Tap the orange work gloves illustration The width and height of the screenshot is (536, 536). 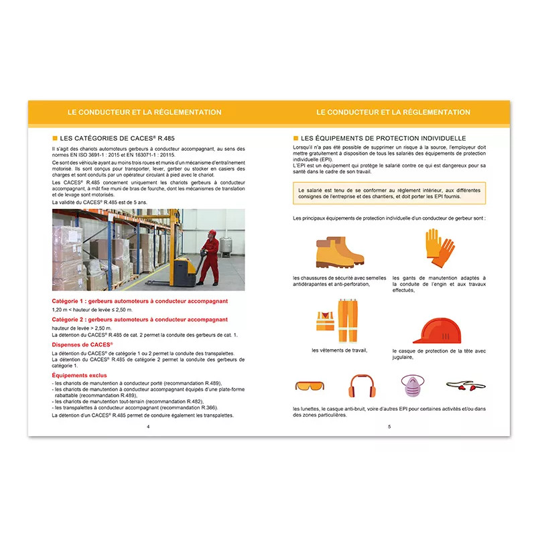click(x=439, y=247)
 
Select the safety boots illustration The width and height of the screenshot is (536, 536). click(x=339, y=252)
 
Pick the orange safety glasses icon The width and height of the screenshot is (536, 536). click(x=309, y=387)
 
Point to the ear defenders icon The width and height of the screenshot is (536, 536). click(x=360, y=387)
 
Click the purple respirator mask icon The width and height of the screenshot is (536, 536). click(x=413, y=387)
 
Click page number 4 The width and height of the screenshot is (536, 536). click(x=147, y=427)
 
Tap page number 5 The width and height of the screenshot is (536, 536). click(x=389, y=427)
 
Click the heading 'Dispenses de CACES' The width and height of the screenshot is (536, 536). click(x=82, y=344)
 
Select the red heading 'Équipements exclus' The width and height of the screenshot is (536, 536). click(x=79, y=375)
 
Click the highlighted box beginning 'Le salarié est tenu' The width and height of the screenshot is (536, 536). click(x=389, y=194)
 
